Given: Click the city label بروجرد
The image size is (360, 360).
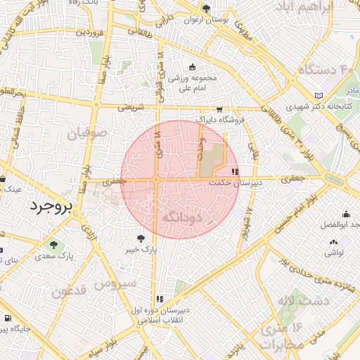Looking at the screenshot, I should coord(51,207).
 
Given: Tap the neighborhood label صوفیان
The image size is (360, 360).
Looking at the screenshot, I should coord(88,131).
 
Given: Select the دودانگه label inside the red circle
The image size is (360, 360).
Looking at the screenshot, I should coord(182,217).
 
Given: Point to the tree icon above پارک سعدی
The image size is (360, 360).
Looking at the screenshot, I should coord(54,244).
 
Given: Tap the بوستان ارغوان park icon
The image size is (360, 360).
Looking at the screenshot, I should coord(205,9).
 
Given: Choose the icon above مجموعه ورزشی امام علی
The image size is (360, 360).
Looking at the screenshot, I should coord(192,67).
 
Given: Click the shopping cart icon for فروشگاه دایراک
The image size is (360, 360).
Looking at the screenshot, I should coord(219,109).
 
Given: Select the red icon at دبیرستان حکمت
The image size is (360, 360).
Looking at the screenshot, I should coord(235,172).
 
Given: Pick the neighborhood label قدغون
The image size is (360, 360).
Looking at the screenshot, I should coord(69,290).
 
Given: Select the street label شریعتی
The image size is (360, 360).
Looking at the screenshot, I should coord(130,108).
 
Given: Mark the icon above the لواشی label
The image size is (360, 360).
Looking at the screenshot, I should coord(333,243).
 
